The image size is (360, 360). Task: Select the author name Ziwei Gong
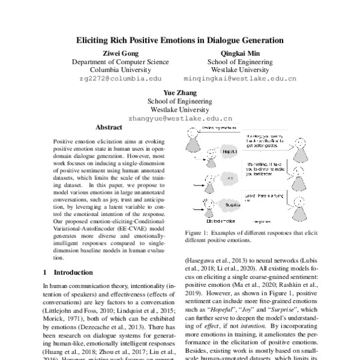pyautogui.click(x=120, y=53)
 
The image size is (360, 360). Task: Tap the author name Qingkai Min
pyautogui.click(x=239, y=53)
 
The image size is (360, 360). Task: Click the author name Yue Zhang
pyautogui.click(x=180, y=92)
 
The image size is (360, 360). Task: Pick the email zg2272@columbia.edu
pyautogui.click(x=120, y=79)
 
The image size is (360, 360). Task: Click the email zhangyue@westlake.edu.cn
pyautogui.click(x=180, y=119)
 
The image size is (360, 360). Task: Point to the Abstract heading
pyautogui.click(x=109, y=128)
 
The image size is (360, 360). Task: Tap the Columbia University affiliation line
pyautogui.click(x=120, y=70)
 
